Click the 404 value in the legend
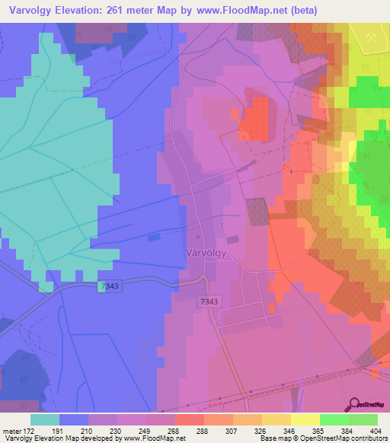373,430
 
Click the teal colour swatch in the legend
45,419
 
